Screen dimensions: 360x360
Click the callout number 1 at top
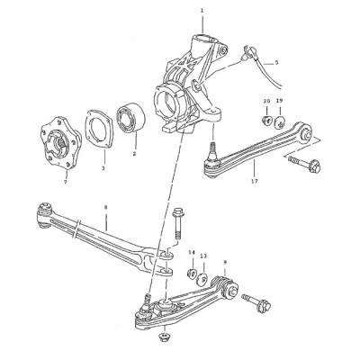(x=202, y=11)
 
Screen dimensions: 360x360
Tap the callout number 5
(x=276, y=63)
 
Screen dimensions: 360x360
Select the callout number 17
(x=255, y=181)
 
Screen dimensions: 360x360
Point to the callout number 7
(x=66, y=182)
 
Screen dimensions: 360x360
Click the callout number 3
(x=103, y=168)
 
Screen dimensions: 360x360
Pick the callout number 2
(x=134, y=154)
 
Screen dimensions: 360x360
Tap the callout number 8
(x=105, y=207)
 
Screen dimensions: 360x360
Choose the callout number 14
(x=192, y=253)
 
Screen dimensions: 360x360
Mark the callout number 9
(x=225, y=262)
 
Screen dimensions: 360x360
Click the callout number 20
(x=266, y=101)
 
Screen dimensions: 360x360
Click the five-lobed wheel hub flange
(x=60, y=143)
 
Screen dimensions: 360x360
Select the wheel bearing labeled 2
(x=130, y=118)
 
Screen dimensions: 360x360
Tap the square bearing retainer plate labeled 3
(x=99, y=129)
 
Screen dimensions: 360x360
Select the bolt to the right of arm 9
(x=256, y=302)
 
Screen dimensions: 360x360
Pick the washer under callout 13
(x=202, y=280)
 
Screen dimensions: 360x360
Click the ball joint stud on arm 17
(x=211, y=150)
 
